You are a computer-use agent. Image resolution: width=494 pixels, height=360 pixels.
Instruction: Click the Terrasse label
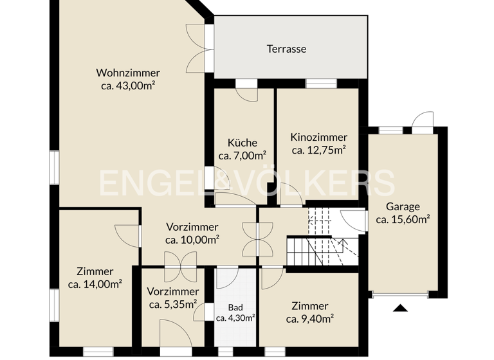[287, 48]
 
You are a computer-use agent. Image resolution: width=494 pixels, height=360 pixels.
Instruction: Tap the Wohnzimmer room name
[128, 73]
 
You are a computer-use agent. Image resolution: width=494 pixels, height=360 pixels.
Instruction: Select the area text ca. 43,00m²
[128, 85]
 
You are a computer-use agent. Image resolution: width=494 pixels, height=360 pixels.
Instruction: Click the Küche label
[242, 143]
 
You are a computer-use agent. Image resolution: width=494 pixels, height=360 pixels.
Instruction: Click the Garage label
[403, 206]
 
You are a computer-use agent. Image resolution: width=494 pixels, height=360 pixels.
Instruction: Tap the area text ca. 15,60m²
[403, 219]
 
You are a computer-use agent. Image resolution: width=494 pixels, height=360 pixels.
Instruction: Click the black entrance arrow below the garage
[401, 307]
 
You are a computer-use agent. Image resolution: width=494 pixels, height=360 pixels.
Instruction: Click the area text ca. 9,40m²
[309, 318]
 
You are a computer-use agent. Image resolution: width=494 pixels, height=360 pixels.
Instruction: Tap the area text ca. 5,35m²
[172, 304]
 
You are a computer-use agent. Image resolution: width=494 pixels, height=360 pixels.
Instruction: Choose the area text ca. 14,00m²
[95, 283]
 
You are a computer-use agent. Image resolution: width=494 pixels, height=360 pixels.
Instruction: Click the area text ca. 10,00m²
[192, 240]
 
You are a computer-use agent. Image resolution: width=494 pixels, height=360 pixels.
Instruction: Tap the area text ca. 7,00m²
[242, 156]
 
